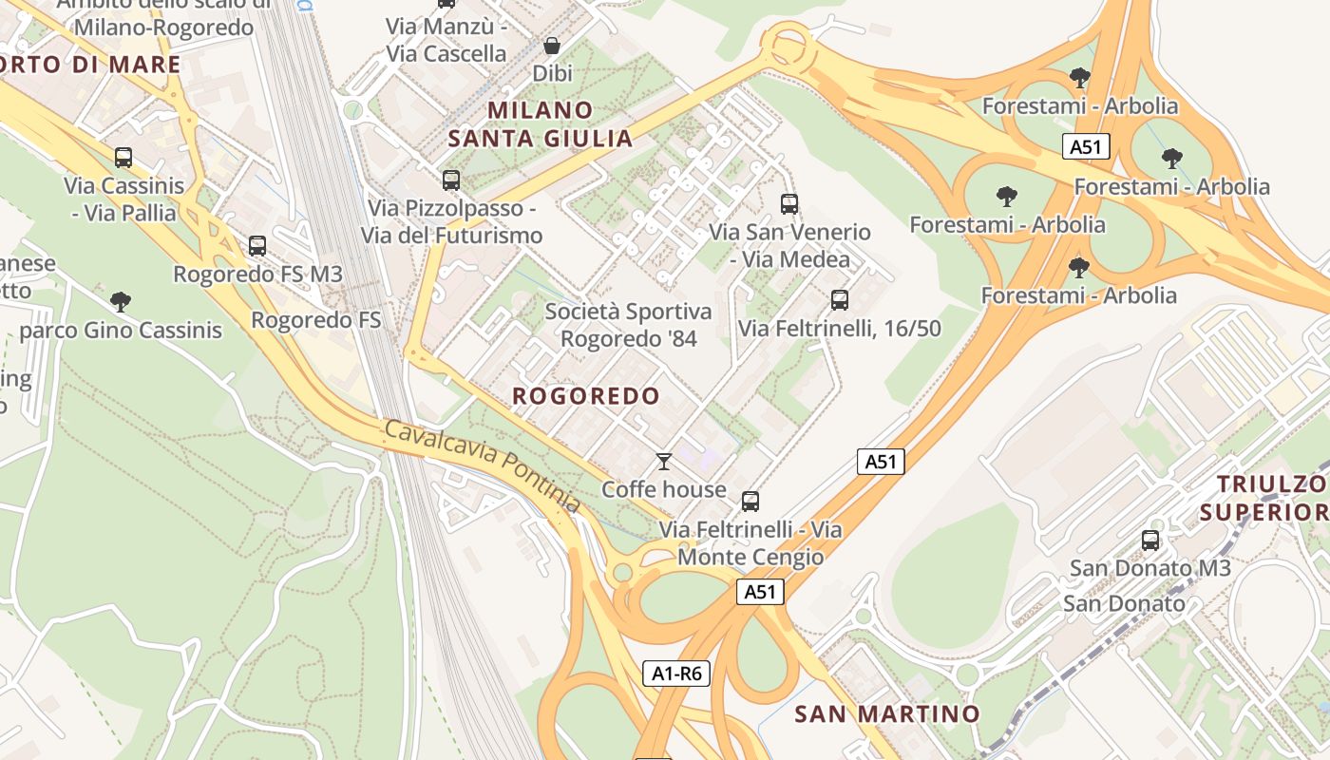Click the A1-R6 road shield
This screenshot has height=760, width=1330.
pos(676,674)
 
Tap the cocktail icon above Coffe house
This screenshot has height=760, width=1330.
pos(664,462)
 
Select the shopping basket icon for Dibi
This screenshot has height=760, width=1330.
pos(551,45)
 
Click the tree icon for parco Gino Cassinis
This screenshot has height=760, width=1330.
pos(120,302)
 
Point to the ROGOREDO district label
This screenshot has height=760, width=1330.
pos(585,396)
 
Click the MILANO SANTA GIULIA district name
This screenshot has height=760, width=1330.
pos(540,124)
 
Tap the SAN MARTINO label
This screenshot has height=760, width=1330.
pos(886,713)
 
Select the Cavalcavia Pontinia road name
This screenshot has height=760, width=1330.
pos(482,465)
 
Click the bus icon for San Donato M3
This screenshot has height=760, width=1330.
pos(1150,540)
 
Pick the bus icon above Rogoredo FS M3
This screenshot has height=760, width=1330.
pos(256,246)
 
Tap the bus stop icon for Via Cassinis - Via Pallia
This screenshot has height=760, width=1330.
pos(123,158)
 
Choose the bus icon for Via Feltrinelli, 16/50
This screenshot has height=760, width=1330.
pos(839,300)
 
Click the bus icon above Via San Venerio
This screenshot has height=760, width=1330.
pos(788,203)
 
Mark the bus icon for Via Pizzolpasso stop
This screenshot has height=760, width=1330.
pos(450,180)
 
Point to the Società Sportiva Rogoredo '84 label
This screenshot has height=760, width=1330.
pos(628,325)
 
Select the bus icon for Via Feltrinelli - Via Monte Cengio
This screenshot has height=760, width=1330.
pos(750,501)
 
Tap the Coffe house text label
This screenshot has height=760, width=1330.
pos(663,490)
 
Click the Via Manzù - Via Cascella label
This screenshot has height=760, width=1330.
pos(446,40)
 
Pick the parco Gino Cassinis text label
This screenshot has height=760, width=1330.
pos(121,331)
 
